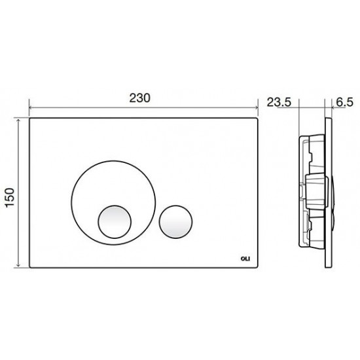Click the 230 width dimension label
[140, 98]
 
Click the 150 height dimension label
[10, 198]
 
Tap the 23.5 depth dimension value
[279, 102]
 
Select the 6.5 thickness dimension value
[345, 102]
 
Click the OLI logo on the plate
[245, 259]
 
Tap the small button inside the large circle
[115, 221]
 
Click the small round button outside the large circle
[175, 221]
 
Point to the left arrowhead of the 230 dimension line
[31, 107]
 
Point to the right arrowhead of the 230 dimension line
[257, 107]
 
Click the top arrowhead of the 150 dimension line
[18, 120]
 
